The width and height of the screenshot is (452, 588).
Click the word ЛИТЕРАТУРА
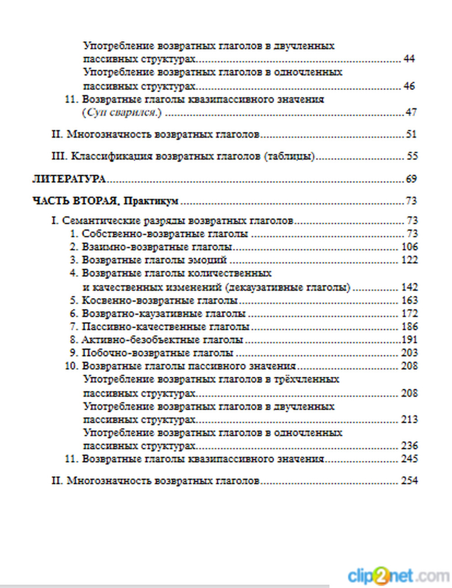coord(69,179)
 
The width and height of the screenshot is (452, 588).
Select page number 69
coord(411,179)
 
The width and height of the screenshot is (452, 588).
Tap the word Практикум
coord(151,201)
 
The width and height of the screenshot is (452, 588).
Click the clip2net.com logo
coord(398,575)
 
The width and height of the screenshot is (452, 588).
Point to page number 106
coord(409,247)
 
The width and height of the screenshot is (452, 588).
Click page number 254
coord(409,480)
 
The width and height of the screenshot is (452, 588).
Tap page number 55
coord(412,156)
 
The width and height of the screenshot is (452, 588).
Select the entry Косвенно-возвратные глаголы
coord(160,300)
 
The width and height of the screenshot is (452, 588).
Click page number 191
coord(410,340)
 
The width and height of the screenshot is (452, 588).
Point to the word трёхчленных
coord(306,379)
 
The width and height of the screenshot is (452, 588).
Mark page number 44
coord(409,59)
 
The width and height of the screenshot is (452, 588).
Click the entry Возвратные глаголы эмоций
coord(154,260)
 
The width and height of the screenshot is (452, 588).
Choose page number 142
coord(409,287)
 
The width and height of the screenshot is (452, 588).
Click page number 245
coord(409,459)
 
